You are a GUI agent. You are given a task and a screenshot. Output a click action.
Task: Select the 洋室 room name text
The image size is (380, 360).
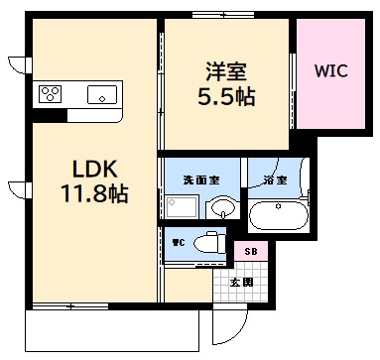226,72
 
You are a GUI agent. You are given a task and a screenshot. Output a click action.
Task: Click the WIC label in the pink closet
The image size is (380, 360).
330,71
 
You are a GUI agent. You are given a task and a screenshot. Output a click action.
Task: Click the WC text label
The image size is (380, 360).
180,241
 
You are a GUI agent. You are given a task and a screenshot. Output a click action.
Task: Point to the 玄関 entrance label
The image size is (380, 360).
241,283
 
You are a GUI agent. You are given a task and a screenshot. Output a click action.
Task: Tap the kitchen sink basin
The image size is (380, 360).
101,95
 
